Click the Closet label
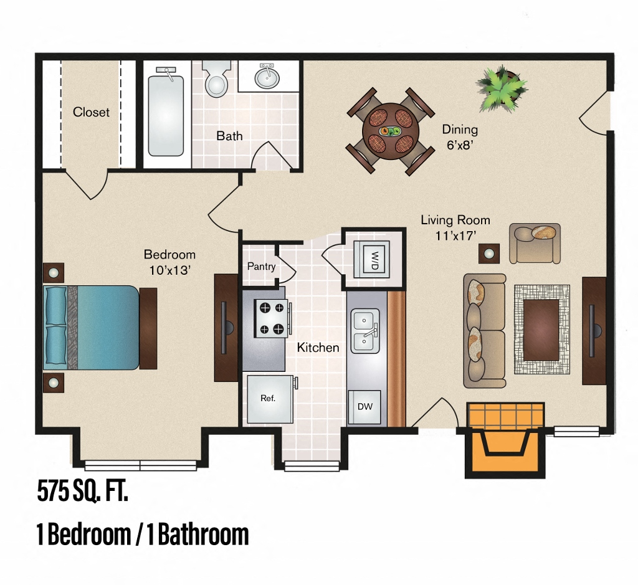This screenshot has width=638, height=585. (91, 112)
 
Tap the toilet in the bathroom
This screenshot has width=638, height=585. (217, 80)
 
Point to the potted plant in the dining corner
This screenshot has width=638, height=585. (501, 89)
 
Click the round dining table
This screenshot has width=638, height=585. (390, 131)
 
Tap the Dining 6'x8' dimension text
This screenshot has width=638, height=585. (460, 136)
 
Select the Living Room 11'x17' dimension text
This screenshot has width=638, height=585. (455, 227)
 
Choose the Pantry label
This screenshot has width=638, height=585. (261, 267)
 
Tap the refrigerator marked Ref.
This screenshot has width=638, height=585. (269, 398)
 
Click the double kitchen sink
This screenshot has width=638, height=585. (365, 331)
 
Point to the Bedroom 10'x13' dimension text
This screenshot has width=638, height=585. (169, 262)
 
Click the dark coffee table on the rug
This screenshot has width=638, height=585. (541, 330)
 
